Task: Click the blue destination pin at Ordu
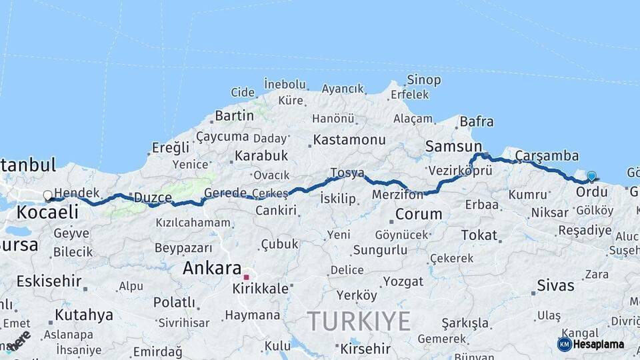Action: (x=591, y=176)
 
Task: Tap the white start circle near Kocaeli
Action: (x=47, y=196)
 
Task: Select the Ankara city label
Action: (x=211, y=269)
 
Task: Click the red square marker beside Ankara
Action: (x=246, y=277)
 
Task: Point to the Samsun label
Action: (x=453, y=147)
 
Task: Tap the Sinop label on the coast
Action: (x=424, y=80)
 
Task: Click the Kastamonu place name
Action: (x=349, y=140)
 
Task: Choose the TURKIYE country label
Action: (x=359, y=321)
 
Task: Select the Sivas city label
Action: (x=555, y=286)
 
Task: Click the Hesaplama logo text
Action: (x=598, y=345)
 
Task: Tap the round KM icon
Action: (x=564, y=344)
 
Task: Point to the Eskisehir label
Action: (x=49, y=281)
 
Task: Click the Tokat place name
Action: (x=479, y=235)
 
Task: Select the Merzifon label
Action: (x=398, y=195)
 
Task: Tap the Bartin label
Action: (x=234, y=116)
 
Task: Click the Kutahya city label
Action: (x=83, y=315)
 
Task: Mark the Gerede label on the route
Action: (x=225, y=193)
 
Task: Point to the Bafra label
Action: (x=477, y=121)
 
